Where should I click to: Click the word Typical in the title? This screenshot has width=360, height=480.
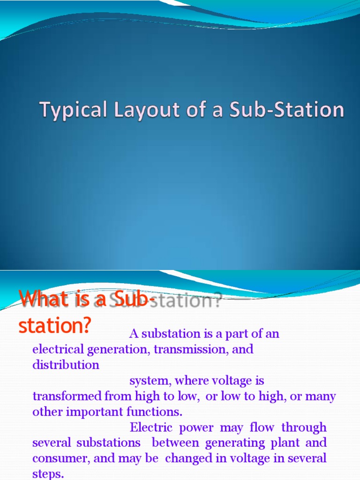tap(65, 110)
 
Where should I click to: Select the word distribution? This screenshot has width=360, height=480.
tap(66, 365)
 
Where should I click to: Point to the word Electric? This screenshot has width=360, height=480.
tap(149, 427)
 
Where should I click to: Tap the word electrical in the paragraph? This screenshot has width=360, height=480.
tap(59, 349)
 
